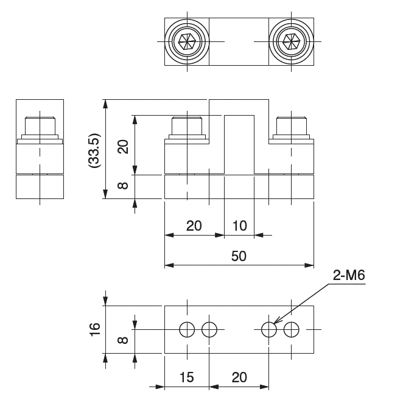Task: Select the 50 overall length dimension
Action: pyautogui.click(x=239, y=256)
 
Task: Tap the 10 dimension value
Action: pyautogui.click(x=239, y=226)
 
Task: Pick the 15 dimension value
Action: pyautogui.click(x=186, y=377)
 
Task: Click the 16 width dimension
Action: pyautogui.click(x=95, y=329)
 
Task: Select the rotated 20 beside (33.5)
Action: pyautogui.click(x=124, y=146)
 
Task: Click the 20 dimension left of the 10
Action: pyautogui.click(x=194, y=226)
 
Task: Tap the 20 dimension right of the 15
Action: pyautogui.click(x=239, y=377)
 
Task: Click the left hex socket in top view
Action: pyautogui.click(x=186, y=41)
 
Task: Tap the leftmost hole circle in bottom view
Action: pyautogui.click(x=187, y=329)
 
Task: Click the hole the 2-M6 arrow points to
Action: pyautogui.click(x=268, y=329)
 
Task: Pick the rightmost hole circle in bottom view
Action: pyautogui.click(x=292, y=329)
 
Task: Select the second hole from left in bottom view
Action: pyautogui.click(x=209, y=329)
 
